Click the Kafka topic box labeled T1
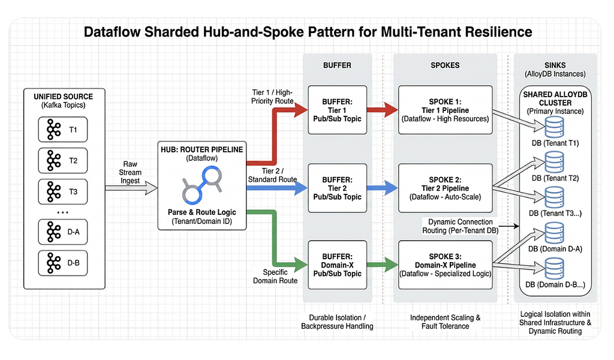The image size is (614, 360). (x=62, y=129)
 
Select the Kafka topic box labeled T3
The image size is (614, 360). (x=62, y=191)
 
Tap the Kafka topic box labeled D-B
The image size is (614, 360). (x=62, y=263)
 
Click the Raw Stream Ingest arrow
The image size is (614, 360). (x=131, y=188)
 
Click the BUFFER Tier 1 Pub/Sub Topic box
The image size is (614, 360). (x=337, y=110)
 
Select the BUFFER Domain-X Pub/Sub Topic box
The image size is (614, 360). (x=337, y=265)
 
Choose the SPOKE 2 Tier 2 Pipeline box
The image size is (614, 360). (x=446, y=188)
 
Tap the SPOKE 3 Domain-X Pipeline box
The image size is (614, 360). (x=446, y=265)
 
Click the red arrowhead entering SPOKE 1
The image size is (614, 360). (x=391, y=110)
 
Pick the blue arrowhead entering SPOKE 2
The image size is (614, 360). (x=391, y=188)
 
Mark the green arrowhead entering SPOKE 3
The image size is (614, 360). (x=391, y=265)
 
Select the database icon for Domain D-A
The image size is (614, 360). (x=555, y=233)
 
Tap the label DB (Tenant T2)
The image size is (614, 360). (x=555, y=178)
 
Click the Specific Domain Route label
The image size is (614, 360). (x=275, y=276)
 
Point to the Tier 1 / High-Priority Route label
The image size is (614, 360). (x=273, y=97)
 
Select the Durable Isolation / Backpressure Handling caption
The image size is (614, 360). (x=337, y=322)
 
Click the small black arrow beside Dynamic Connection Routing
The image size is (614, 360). (x=509, y=226)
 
